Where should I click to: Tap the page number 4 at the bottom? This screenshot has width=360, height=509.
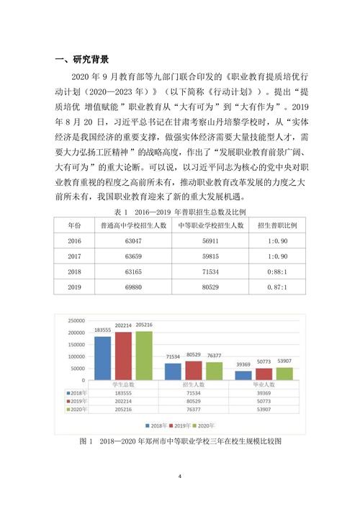(180, 476)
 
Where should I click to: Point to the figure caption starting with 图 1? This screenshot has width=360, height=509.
(179, 441)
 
